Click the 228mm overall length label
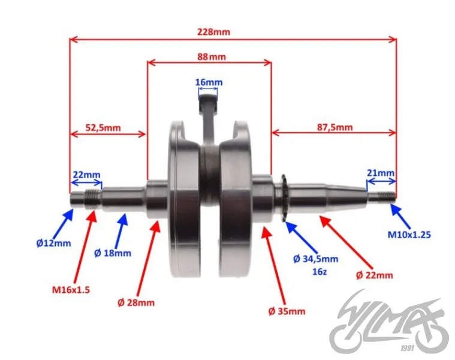pos(213,32)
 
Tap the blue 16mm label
pos(209,82)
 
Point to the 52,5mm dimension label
pos(103,127)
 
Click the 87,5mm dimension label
pos(335,127)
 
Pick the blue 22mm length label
pos(86,175)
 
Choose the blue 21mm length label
pos(381,173)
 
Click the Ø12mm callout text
pos(54,243)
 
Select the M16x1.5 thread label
pos(71,290)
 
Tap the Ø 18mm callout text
pos(113,253)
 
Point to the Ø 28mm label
pos(136,303)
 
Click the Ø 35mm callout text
pos(287,311)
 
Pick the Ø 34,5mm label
pos(316,259)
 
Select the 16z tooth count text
pos(320,272)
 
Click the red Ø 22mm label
pos(374,275)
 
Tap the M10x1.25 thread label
pos(409,234)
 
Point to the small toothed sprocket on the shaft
pos(284,198)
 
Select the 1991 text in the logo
pos(407,348)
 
